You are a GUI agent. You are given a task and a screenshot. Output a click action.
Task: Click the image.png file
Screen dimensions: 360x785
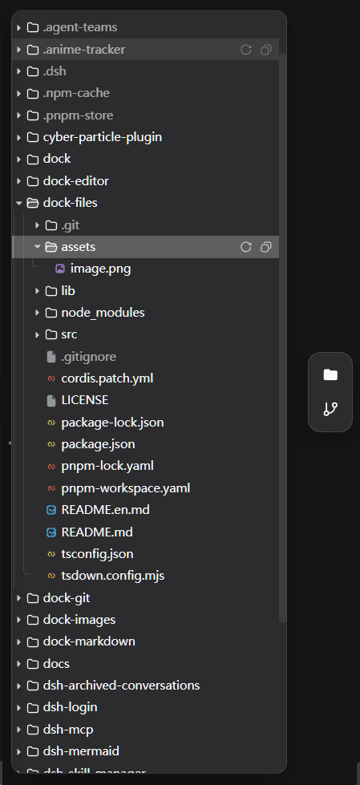point(101,269)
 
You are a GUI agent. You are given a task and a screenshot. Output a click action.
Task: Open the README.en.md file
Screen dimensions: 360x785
point(105,510)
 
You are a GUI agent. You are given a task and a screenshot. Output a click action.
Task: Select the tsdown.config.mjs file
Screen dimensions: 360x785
point(113,576)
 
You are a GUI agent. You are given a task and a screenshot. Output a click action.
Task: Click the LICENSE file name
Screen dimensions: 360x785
point(85,400)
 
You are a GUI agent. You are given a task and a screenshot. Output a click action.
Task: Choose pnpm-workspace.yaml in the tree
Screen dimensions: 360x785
point(126,488)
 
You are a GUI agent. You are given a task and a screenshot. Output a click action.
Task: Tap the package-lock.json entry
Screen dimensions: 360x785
point(113,423)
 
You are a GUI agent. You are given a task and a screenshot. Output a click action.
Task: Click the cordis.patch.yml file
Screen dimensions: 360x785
point(107,378)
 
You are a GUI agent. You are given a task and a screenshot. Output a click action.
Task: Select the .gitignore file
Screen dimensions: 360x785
point(89,357)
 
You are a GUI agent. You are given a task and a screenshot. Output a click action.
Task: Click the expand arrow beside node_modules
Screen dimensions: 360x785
point(37,313)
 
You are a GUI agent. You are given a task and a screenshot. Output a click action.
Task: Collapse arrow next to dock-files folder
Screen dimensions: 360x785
point(19,203)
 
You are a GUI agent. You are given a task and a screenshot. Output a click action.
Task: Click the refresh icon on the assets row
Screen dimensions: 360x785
point(246,247)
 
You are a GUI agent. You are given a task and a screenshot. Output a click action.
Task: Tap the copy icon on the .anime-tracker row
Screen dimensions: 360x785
point(266,50)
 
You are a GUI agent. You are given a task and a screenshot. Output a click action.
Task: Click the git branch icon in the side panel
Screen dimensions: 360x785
point(330,409)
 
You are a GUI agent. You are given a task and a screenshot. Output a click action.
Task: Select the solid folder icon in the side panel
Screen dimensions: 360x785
point(330,374)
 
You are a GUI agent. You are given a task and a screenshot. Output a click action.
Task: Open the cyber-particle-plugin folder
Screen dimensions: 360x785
point(102,137)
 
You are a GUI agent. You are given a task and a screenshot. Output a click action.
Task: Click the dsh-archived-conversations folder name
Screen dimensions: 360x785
point(121,686)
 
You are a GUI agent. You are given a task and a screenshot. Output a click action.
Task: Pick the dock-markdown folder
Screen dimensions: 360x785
point(89,641)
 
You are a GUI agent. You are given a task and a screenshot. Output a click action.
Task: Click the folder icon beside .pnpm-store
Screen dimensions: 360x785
point(33,115)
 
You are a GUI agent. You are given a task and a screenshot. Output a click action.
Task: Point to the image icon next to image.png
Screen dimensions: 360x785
point(60,269)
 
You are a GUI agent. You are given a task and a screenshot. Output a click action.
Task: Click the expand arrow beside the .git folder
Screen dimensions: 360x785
point(37,225)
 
